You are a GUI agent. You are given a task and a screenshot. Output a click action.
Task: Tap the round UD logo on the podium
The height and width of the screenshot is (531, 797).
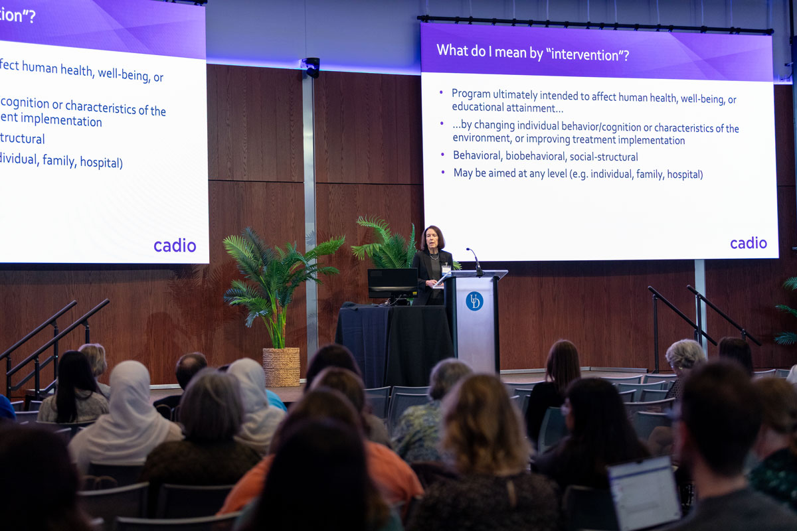[474, 301]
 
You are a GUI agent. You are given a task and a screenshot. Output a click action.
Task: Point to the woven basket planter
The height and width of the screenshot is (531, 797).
[282, 366]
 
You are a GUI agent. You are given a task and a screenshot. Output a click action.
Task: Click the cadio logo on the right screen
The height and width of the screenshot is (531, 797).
[749, 243]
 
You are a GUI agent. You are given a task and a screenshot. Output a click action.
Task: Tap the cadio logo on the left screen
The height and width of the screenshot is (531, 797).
[175, 246]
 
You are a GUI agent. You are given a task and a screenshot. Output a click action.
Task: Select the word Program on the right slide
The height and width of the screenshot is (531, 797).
[470, 94]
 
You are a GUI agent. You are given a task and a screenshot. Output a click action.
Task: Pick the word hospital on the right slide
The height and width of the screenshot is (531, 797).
[684, 175]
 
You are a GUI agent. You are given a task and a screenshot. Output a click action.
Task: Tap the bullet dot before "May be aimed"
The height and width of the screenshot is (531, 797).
[443, 172]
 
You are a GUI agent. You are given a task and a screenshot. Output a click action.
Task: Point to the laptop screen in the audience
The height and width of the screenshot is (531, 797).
[644, 494]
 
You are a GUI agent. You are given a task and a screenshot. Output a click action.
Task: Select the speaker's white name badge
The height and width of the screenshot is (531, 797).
[446, 268]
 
